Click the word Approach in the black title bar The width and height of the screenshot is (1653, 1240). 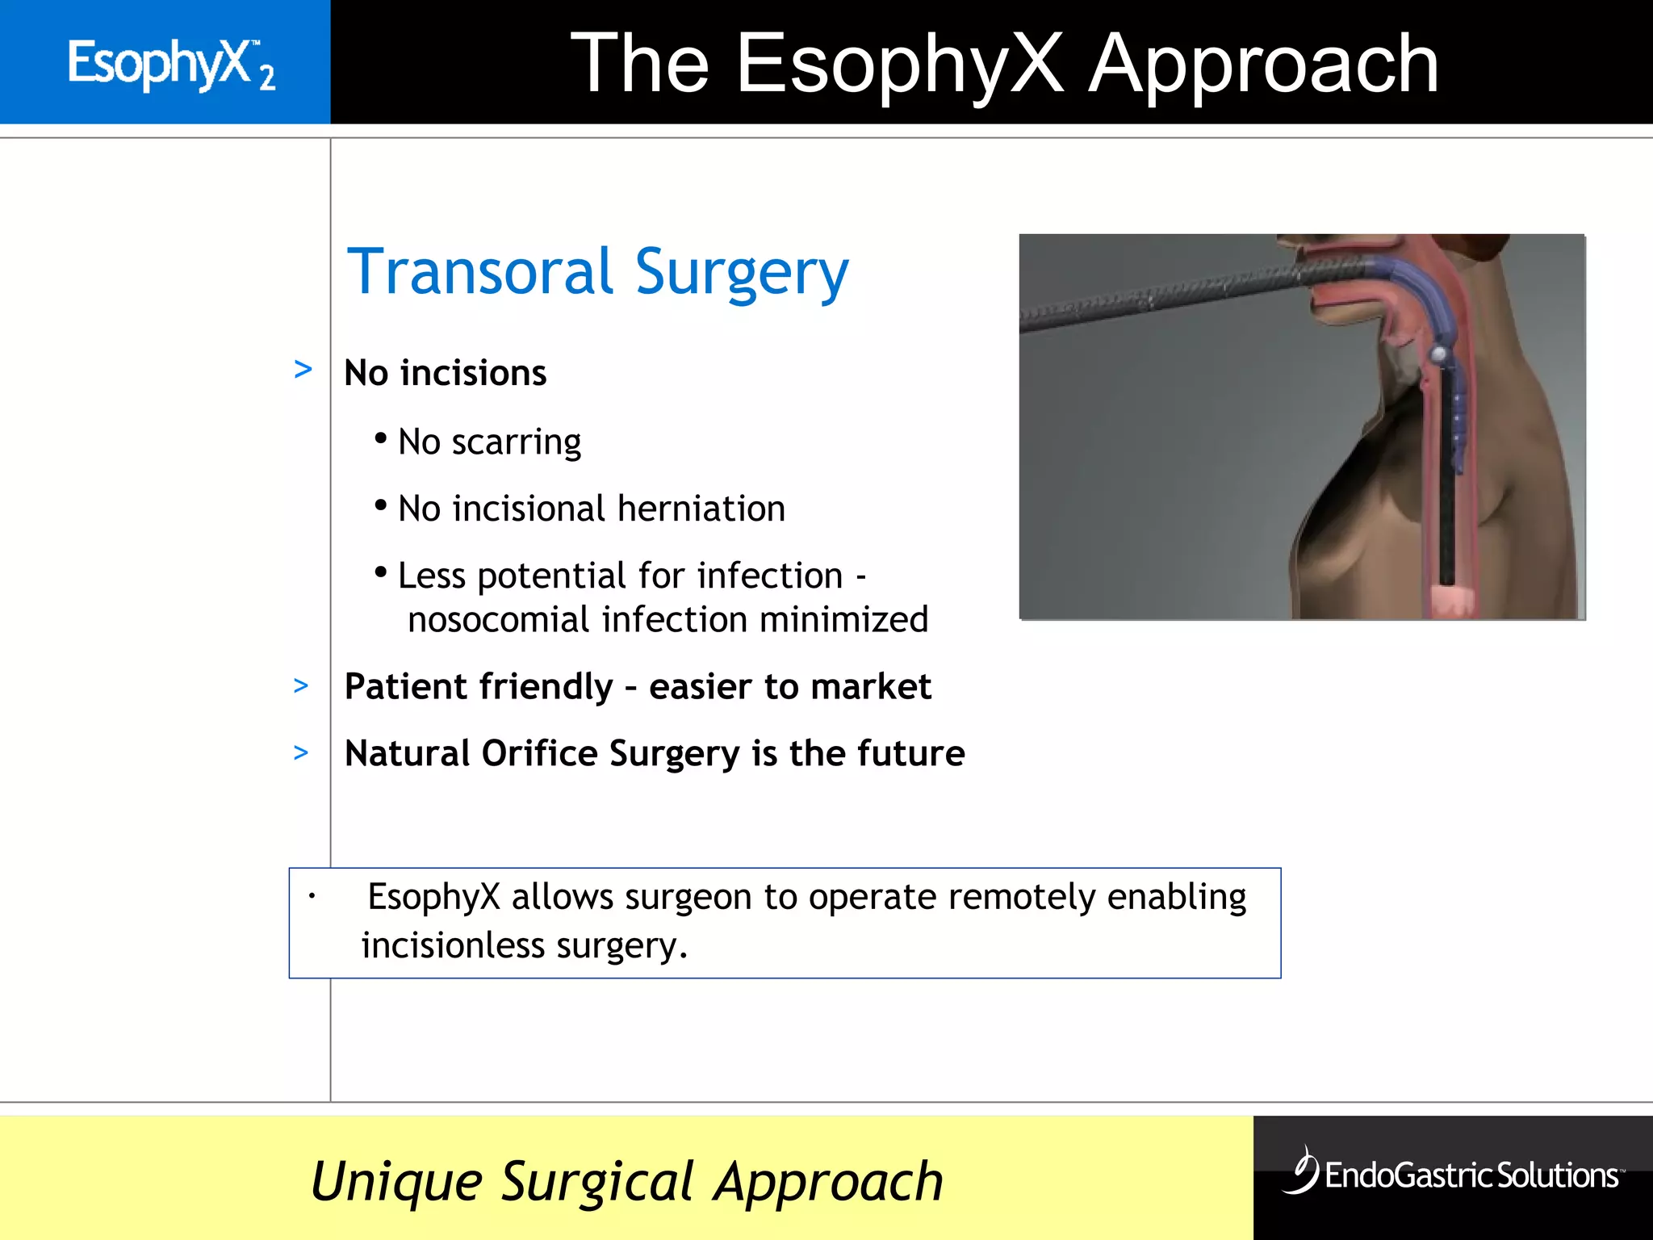[x=1263, y=65]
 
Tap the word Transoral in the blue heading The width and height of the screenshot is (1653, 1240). [x=480, y=272]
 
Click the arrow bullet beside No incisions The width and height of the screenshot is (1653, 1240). [x=303, y=370]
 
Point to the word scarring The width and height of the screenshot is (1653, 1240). [x=516, y=443]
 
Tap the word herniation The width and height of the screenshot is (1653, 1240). [x=701, y=509]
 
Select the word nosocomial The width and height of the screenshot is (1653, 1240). [x=499, y=620]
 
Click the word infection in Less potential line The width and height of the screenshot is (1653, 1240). [x=770, y=576]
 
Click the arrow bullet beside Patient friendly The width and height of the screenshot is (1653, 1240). [x=301, y=686]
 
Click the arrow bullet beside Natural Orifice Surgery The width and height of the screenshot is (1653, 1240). [x=301, y=753]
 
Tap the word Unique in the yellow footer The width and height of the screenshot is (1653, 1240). [x=396, y=1183]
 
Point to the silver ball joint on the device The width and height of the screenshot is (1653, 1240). [x=1438, y=354]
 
